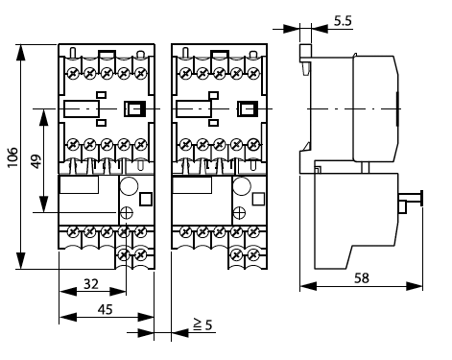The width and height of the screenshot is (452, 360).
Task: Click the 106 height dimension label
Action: coord(12,157)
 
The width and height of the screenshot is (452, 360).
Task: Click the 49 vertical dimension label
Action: coord(36,161)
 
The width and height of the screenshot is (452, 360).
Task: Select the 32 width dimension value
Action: coord(91,284)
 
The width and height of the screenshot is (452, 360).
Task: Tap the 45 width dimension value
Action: coord(106,309)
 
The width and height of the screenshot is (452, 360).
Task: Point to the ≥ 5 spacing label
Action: coord(202,324)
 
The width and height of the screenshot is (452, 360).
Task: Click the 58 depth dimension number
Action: coord(362,278)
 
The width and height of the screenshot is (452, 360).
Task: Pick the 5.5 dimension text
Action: coord(343,21)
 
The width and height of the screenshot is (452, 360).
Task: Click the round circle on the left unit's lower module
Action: coord(129,185)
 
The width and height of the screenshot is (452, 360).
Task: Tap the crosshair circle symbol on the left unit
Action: coord(127,213)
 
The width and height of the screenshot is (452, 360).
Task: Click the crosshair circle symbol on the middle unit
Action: coord(239,213)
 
